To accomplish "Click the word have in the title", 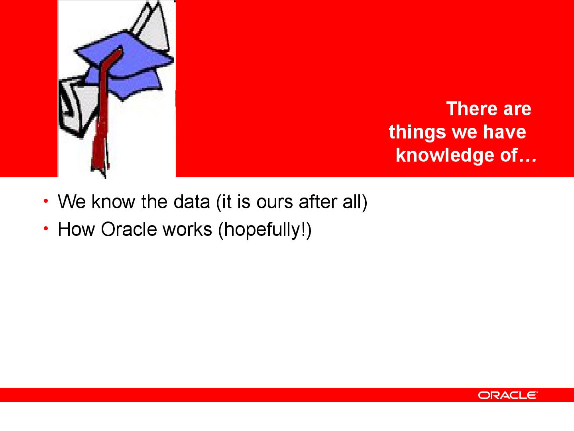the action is [504, 132].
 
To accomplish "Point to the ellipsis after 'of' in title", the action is [528, 160].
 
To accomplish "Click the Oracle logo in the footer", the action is [507, 395].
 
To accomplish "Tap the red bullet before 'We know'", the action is [46, 201].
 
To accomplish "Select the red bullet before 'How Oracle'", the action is [46, 228].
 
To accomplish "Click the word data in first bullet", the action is [192, 202].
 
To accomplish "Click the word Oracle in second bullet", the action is [129, 229].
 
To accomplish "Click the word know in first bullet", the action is [113, 202].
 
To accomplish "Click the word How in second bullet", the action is [76, 229].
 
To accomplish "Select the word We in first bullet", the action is [72, 202].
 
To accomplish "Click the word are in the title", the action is [517, 110].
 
